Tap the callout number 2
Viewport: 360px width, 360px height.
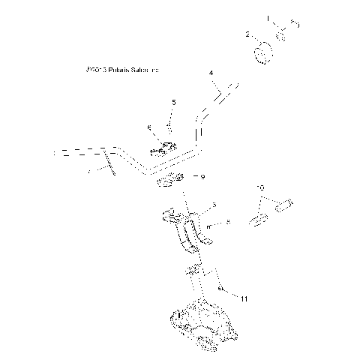click(248, 34)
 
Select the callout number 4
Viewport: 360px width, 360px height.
click(211, 73)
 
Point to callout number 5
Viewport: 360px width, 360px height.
click(174, 102)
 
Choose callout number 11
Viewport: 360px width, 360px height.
click(244, 298)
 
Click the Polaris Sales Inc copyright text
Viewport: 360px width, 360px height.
click(123, 70)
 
